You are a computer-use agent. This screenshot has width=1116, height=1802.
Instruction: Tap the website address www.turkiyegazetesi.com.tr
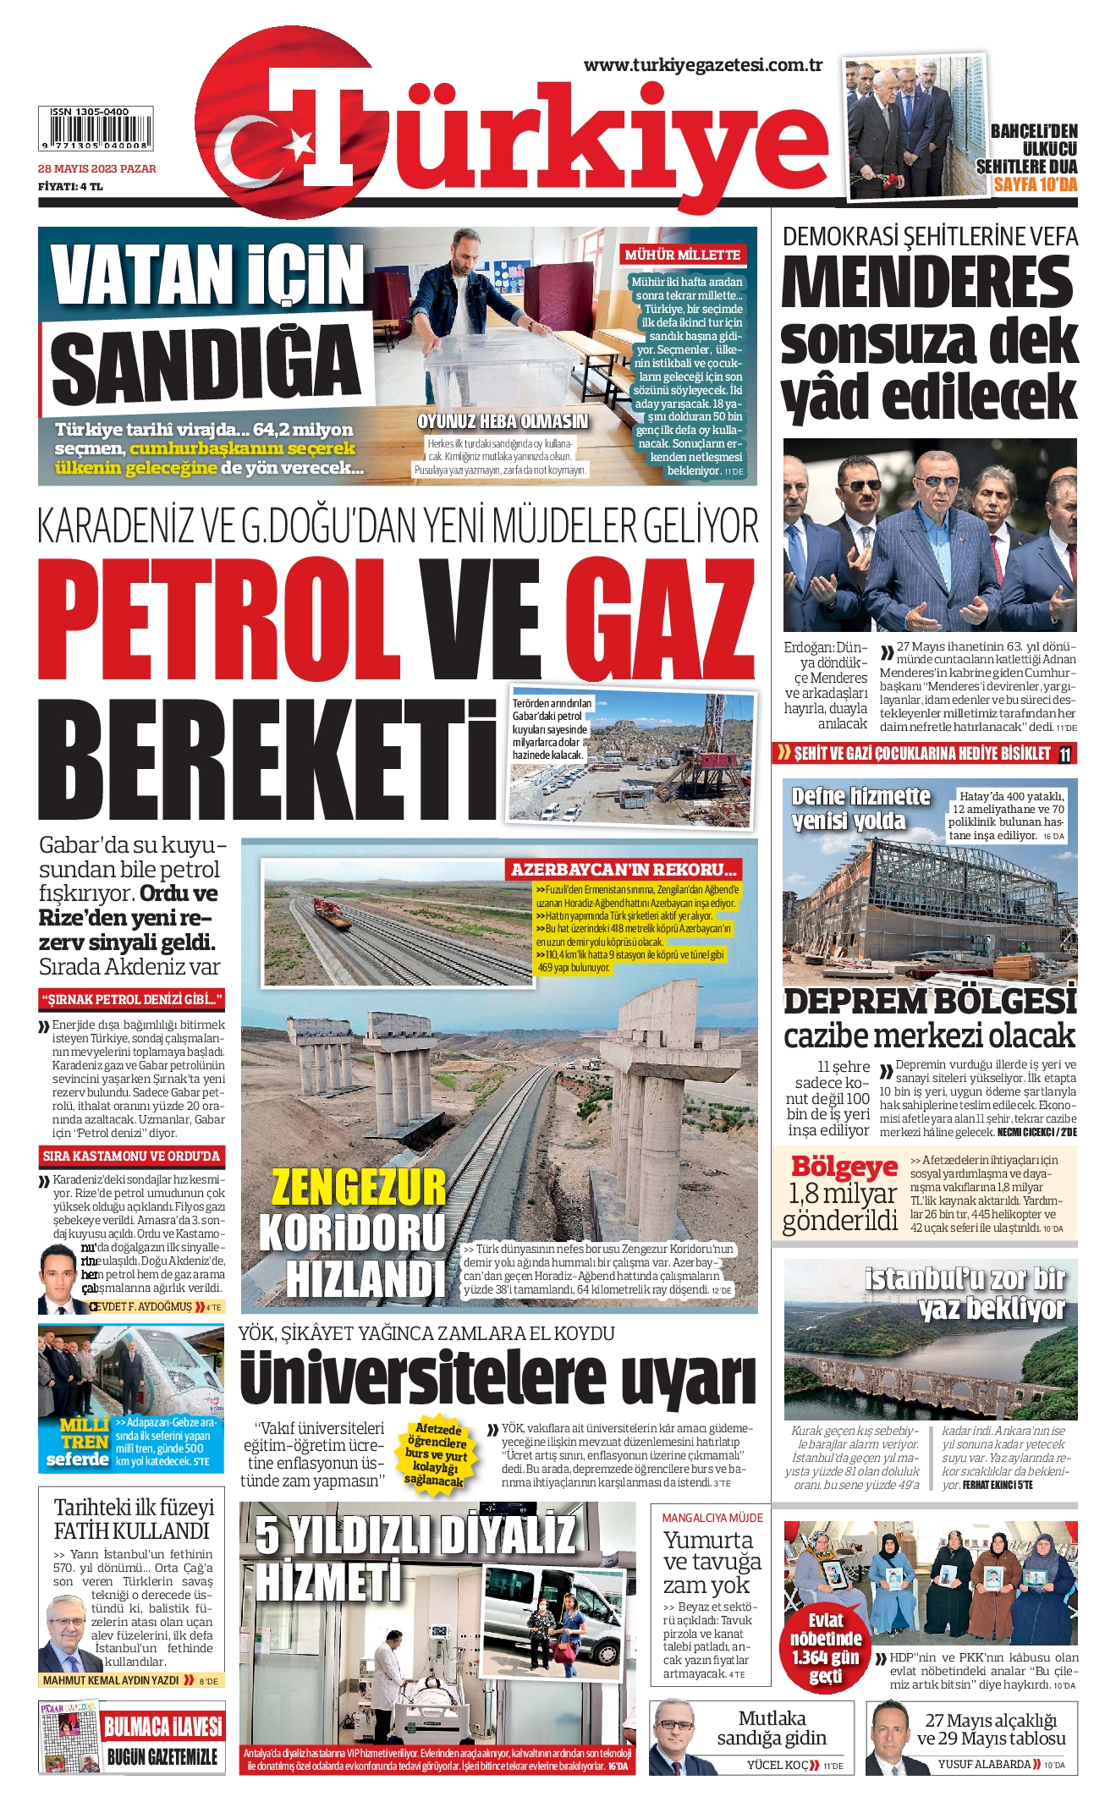(x=703, y=65)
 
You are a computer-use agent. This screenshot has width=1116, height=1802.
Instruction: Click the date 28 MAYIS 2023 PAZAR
(x=97, y=169)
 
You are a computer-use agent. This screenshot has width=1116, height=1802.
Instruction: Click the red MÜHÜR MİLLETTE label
(x=682, y=255)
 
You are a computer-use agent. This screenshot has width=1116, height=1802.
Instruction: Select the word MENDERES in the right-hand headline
(x=927, y=283)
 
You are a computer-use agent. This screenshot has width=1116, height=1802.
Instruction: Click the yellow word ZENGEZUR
(x=358, y=1187)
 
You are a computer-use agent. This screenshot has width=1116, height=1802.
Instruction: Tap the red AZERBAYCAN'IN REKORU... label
(x=624, y=870)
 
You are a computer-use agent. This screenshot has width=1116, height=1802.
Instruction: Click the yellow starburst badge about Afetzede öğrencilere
(x=437, y=1455)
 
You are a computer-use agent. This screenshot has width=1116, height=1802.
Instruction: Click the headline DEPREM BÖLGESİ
(x=929, y=1002)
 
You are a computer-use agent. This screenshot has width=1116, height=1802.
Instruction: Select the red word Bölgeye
(x=844, y=1167)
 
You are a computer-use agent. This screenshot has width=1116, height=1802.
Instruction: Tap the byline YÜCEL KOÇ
(x=778, y=1765)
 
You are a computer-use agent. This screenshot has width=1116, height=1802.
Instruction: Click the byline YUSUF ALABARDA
(x=983, y=1764)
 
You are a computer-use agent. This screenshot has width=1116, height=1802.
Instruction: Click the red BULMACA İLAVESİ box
(x=162, y=1726)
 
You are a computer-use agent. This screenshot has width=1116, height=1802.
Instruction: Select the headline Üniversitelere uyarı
(x=497, y=1378)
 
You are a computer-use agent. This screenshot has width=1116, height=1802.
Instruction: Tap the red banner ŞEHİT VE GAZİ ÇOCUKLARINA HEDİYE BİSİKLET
(x=921, y=754)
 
